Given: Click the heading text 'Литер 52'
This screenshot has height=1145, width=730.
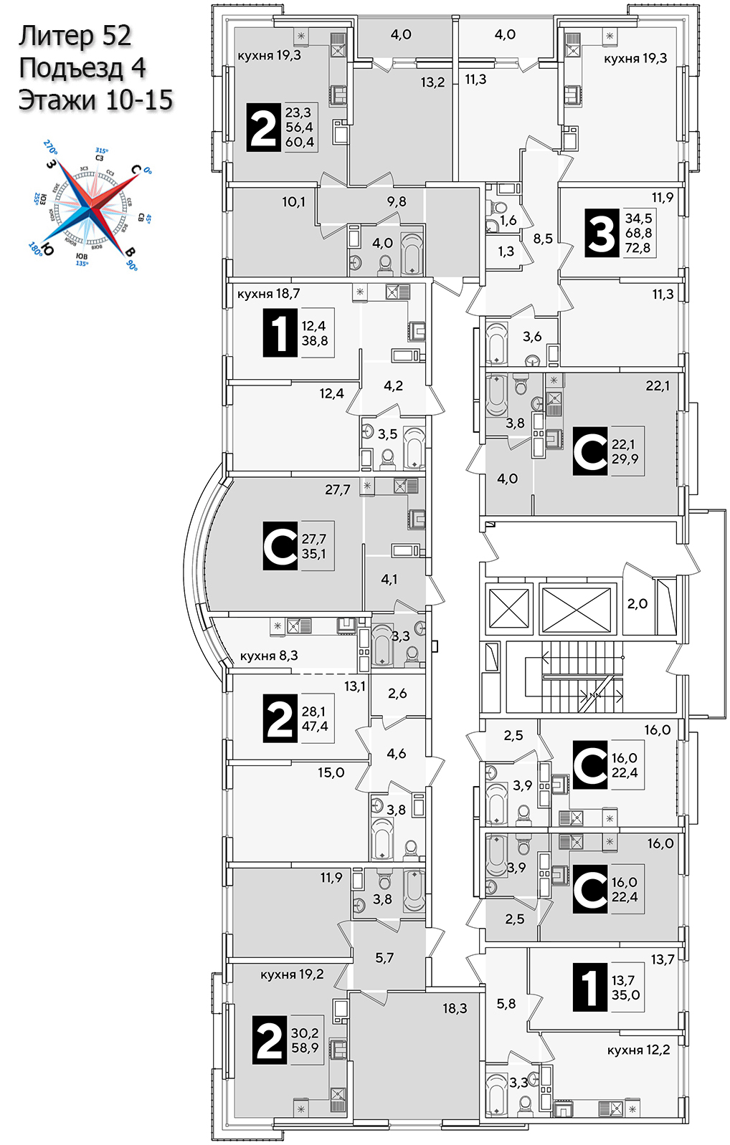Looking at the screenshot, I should [x=75, y=36].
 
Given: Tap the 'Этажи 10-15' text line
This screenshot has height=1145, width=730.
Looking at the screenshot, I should [x=95, y=100].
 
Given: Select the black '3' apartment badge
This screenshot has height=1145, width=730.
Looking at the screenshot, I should [x=601, y=233].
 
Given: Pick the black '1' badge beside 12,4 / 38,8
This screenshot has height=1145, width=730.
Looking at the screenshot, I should [x=280, y=333].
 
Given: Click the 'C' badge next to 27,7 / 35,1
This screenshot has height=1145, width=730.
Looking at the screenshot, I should [x=280, y=546].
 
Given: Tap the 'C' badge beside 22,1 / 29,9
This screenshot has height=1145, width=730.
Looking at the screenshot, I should [x=590, y=451].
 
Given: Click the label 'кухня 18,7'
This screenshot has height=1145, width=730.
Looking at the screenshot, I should [x=268, y=294].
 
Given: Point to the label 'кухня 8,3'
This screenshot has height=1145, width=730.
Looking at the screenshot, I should [x=269, y=656].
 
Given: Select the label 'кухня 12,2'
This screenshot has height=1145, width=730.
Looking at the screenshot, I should [x=638, y=1050].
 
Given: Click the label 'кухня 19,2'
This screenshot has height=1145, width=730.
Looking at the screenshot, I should [x=292, y=974].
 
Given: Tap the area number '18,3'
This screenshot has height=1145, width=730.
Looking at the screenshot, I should [x=455, y=1008].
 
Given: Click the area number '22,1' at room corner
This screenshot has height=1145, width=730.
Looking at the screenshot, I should [x=658, y=385].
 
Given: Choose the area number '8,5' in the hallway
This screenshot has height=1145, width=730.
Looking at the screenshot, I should [x=543, y=239].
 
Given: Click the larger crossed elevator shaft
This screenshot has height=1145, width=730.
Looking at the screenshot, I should [x=577, y=610].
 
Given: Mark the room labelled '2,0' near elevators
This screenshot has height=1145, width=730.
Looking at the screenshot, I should [x=637, y=604].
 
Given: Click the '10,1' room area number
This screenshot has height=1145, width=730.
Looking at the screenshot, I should [x=293, y=202].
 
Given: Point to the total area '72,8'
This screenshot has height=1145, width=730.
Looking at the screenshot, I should [x=637, y=248].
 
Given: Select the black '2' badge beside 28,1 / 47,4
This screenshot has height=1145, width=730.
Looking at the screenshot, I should [x=280, y=719].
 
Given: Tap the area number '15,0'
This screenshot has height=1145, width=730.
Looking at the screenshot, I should [x=331, y=772].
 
